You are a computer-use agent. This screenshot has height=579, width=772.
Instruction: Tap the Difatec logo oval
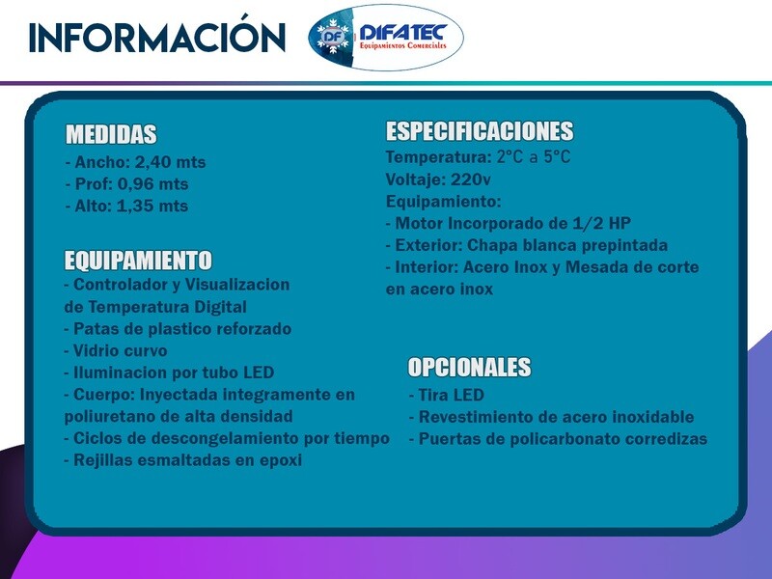tap(386, 37)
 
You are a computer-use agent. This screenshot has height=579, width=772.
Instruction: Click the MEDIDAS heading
tap(111, 134)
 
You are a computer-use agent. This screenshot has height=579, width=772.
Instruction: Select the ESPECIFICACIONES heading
tap(480, 130)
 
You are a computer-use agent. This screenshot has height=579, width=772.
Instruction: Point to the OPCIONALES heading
tap(469, 367)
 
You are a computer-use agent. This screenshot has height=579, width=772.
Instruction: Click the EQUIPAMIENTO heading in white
tap(138, 260)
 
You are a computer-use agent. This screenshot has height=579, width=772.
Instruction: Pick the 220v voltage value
tap(471, 179)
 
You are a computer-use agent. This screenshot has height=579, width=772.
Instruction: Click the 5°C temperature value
tap(557, 157)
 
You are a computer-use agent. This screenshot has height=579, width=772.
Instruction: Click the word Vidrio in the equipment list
tap(94, 350)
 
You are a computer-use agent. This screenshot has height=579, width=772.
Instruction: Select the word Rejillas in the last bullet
tap(103, 460)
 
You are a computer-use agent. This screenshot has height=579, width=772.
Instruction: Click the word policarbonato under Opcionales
tap(565, 439)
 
